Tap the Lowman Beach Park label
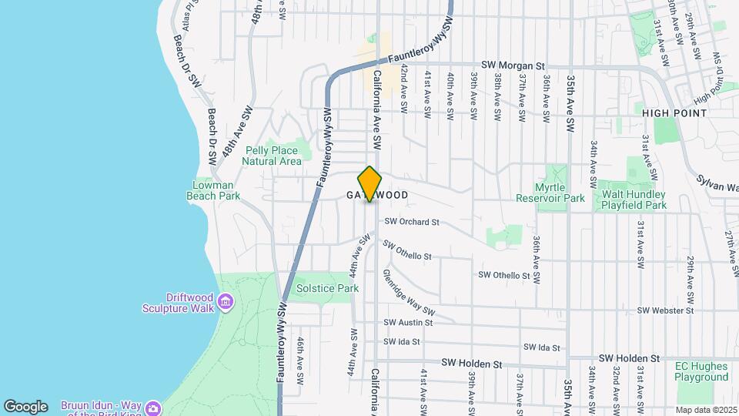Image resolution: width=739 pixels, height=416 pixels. (x=213, y=190)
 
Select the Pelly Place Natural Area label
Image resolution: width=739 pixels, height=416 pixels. (x=272, y=156)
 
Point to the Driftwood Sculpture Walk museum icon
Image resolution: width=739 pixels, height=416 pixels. (x=225, y=300)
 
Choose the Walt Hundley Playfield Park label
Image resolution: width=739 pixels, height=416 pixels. (x=634, y=200)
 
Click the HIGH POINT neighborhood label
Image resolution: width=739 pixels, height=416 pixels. (x=674, y=113)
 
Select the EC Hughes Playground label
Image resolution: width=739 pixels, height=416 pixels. (x=701, y=372)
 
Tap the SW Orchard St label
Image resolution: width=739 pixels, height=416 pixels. (x=411, y=222)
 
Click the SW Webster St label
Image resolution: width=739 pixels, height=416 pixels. (x=666, y=310)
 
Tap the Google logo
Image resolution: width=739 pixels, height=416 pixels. (x=25, y=406)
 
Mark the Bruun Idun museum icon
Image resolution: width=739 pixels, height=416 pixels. (x=153, y=407)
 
